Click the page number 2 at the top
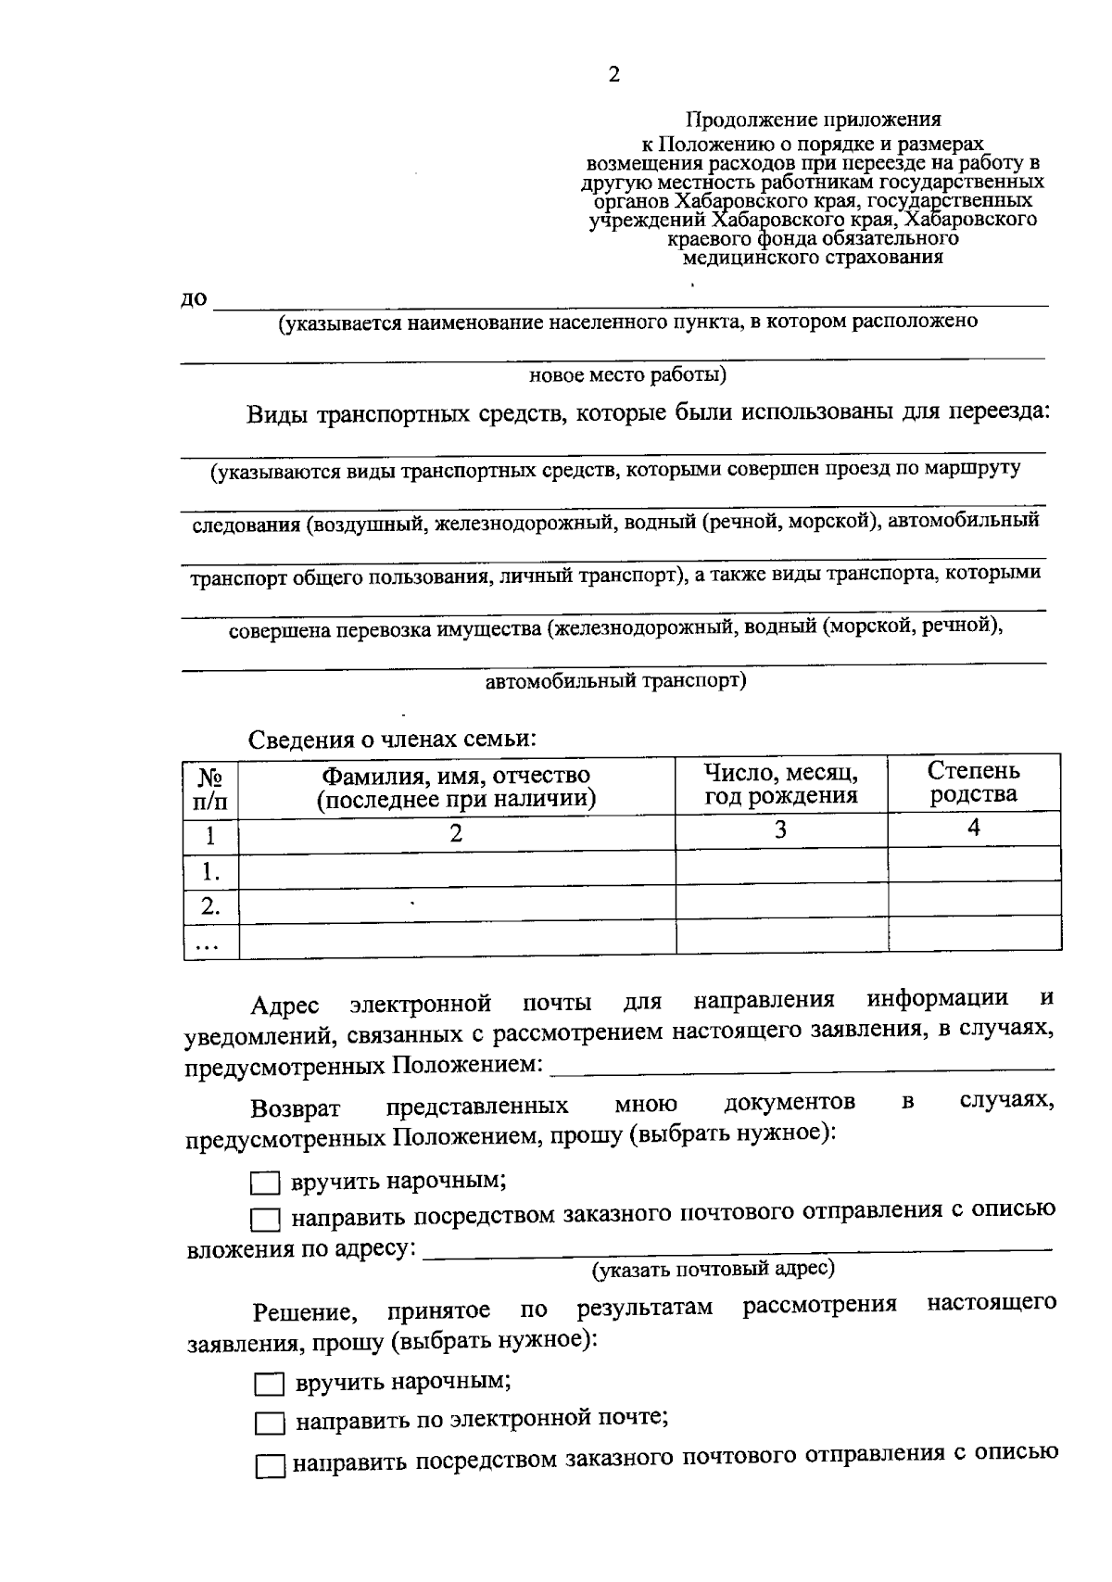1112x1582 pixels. (613, 75)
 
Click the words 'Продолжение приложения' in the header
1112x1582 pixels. (813, 120)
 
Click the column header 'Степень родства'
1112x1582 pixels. (973, 782)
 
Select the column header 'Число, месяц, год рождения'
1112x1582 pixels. (780, 783)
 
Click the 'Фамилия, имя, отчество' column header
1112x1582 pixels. (456, 786)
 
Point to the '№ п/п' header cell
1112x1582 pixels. (210, 789)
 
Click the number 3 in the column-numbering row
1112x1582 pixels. (780, 830)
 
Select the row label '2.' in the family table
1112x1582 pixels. (210, 905)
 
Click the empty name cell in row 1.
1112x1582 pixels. (456, 869)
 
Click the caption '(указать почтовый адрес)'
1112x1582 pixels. (713, 1269)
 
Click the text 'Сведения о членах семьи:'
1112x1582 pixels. (392, 740)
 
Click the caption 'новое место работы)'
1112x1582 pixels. (626, 375)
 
